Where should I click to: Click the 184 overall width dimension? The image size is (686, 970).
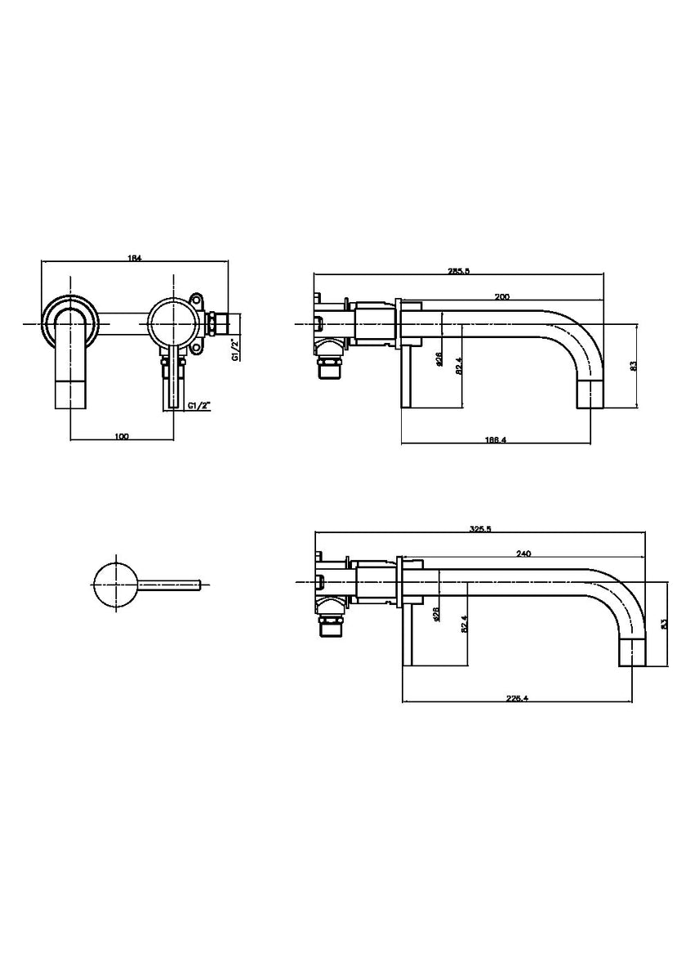135,258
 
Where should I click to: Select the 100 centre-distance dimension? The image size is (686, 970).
122,436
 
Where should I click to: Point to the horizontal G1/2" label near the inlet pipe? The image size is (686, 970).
198,406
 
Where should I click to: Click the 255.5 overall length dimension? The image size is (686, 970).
460,271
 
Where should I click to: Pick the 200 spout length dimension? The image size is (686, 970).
502,297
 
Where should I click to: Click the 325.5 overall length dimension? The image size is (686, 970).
481,529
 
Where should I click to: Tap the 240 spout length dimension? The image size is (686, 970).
523,554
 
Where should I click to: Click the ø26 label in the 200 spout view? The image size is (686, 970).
439,359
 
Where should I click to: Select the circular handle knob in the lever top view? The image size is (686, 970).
115,583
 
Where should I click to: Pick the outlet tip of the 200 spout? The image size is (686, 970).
591,395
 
